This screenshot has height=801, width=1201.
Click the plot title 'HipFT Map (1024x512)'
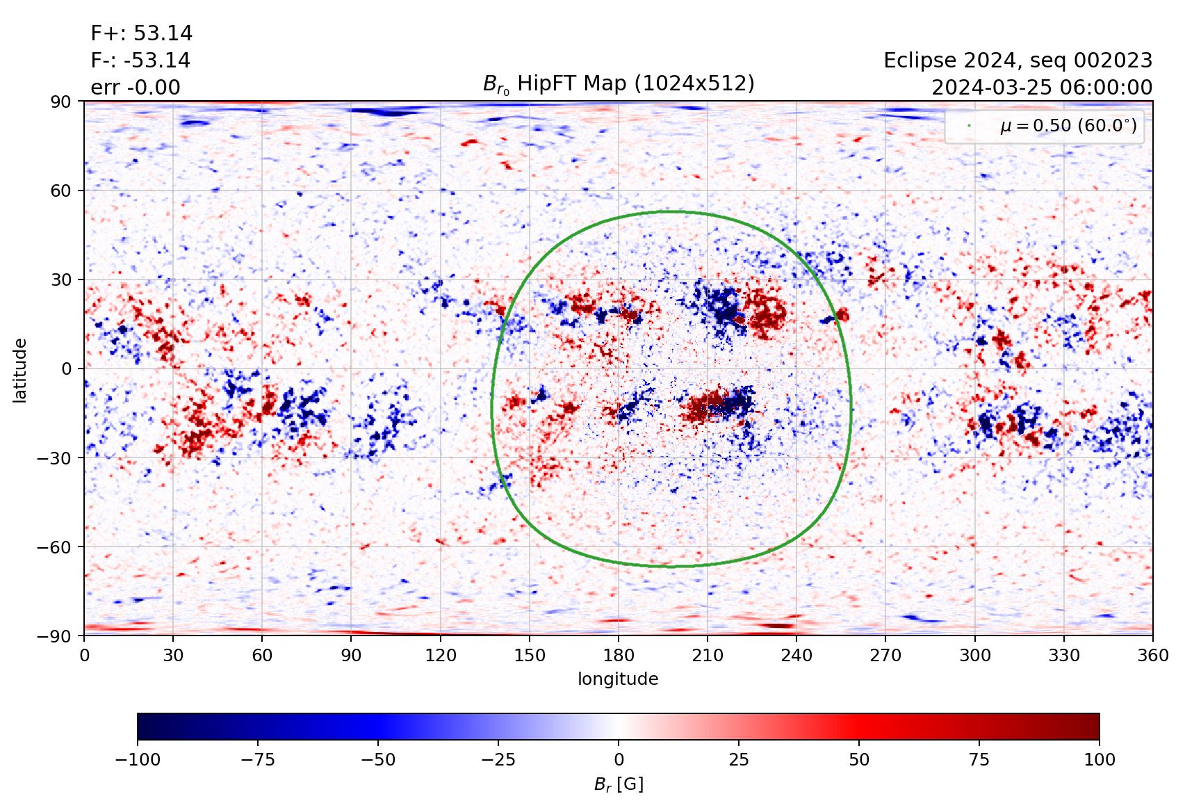(619, 84)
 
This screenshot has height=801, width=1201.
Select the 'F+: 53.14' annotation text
(142, 33)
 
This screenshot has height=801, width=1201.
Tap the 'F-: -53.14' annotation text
(140, 60)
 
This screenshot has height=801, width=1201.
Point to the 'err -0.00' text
(136, 88)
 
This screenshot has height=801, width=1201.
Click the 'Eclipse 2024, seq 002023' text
(1018, 60)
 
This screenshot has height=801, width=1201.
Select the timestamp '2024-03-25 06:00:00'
(1042, 88)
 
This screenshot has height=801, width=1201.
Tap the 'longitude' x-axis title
(618, 679)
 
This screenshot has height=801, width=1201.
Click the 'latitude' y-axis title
(20, 370)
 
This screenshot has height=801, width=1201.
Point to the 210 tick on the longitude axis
(708, 656)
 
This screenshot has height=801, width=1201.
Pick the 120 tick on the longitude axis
(441, 656)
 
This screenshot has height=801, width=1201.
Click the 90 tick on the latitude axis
(60, 102)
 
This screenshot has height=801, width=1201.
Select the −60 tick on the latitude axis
(54, 547)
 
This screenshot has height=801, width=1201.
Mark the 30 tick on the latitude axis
(60, 280)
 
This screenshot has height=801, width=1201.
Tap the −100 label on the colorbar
(138, 759)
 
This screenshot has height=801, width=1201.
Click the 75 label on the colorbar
(979, 759)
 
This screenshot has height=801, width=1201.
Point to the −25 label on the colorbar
(498, 759)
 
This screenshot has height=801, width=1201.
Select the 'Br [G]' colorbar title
(619, 784)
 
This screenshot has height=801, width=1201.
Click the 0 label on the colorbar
(619, 759)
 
